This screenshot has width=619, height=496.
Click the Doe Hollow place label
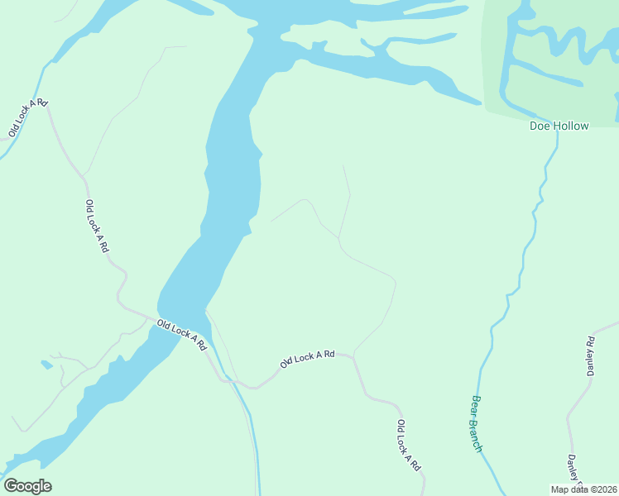(x=559, y=126)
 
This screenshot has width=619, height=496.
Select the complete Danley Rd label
(x=591, y=356)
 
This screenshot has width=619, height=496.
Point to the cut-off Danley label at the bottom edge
(x=573, y=471)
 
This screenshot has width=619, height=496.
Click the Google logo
(x=27, y=486)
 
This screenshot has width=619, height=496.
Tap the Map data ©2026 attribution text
(x=583, y=489)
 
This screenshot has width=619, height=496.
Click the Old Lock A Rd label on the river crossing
(x=181, y=335)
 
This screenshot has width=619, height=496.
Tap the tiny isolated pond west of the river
(x=46, y=364)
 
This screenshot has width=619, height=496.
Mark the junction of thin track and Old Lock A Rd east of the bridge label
(x=354, y=356)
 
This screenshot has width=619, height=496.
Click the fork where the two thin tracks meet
(x=338, y=239)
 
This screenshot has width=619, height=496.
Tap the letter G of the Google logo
(x=11, y=486)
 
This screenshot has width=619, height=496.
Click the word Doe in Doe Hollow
(x=540, y=126)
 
